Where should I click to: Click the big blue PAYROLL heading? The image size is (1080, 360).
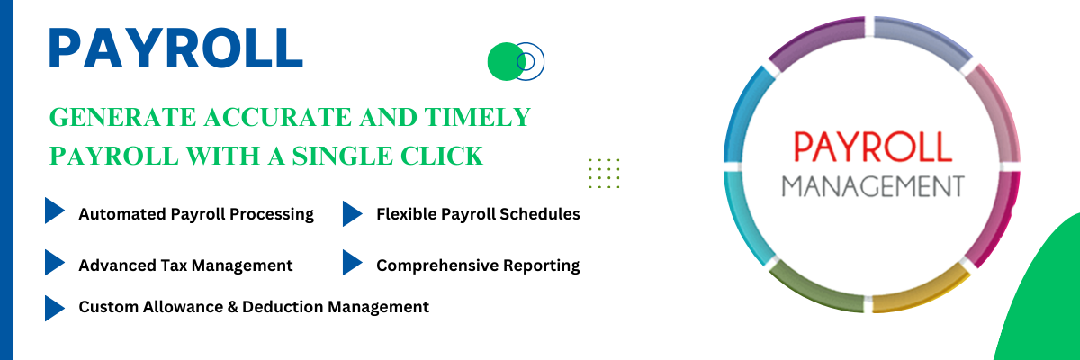pyautogui.click(x=176, y=48)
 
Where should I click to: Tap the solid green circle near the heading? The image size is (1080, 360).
pyautogui.click(x=505, y=62)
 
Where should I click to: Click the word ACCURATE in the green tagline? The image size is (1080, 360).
pyautogui.click(x=278, y=117)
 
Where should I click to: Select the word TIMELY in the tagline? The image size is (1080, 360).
pyautogui.click(x=477, y=117)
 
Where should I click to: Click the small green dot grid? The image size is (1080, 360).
pyautogui.click(x=604, y=173)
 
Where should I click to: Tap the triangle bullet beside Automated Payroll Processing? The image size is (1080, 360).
pyautogui.click(x=55, y=210)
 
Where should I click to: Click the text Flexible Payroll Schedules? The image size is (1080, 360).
pyautogui.click(x=478, y=214)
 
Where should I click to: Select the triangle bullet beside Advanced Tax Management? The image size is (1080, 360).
pyautogui.click(x=55, y=262)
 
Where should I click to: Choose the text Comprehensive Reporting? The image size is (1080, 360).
pyautogui.click(x=478, y=265)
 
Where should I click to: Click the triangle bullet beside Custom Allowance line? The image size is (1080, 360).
pyautogui.click(x=55, y=308)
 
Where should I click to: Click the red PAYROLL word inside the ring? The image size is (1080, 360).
pyautogui.click(x=873, y=147)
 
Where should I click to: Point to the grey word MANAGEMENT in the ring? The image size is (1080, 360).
pyautogui.click(x=873, y=186)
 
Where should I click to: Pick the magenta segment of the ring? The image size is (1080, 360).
pyautogui.click(x=996, y=217)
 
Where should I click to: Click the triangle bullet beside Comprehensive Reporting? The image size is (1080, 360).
pyautogui.click(x=353, y=262)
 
